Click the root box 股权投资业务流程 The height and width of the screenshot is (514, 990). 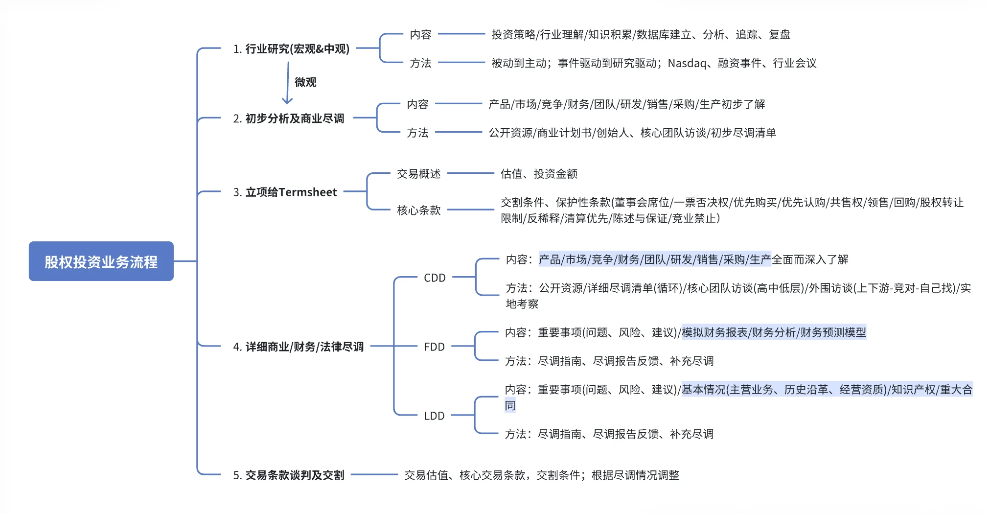click(101, 261)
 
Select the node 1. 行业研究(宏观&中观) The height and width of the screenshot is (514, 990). click(291, 49)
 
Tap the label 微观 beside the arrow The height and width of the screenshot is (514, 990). click(305, 82)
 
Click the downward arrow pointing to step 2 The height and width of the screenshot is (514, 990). click(288, 83)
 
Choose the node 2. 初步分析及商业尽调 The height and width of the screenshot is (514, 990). click(288, 118)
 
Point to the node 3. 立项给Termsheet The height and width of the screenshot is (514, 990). click(285, 192)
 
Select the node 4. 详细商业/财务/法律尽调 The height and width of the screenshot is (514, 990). click(298, 347)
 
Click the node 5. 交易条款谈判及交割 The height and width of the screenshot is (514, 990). click(288, 475)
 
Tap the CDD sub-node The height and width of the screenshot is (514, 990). click(435, 278)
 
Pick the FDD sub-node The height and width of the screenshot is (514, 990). click(434, 347)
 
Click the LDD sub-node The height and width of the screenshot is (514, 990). click(434, 416)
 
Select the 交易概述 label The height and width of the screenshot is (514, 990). click(418, 174)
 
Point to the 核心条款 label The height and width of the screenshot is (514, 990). click(418, 210)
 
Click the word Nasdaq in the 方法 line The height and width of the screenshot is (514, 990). click(687, 63)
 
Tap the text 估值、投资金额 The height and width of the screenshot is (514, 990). click(539, 174)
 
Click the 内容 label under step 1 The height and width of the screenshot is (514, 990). click(420, 35)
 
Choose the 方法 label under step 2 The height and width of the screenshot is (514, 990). click(417, 133)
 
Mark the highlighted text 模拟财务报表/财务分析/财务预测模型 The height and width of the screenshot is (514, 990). click(774, 333)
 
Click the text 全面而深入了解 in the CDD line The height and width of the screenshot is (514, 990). click(810, 259)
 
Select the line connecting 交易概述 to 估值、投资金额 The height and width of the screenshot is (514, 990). click(470, 173)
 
